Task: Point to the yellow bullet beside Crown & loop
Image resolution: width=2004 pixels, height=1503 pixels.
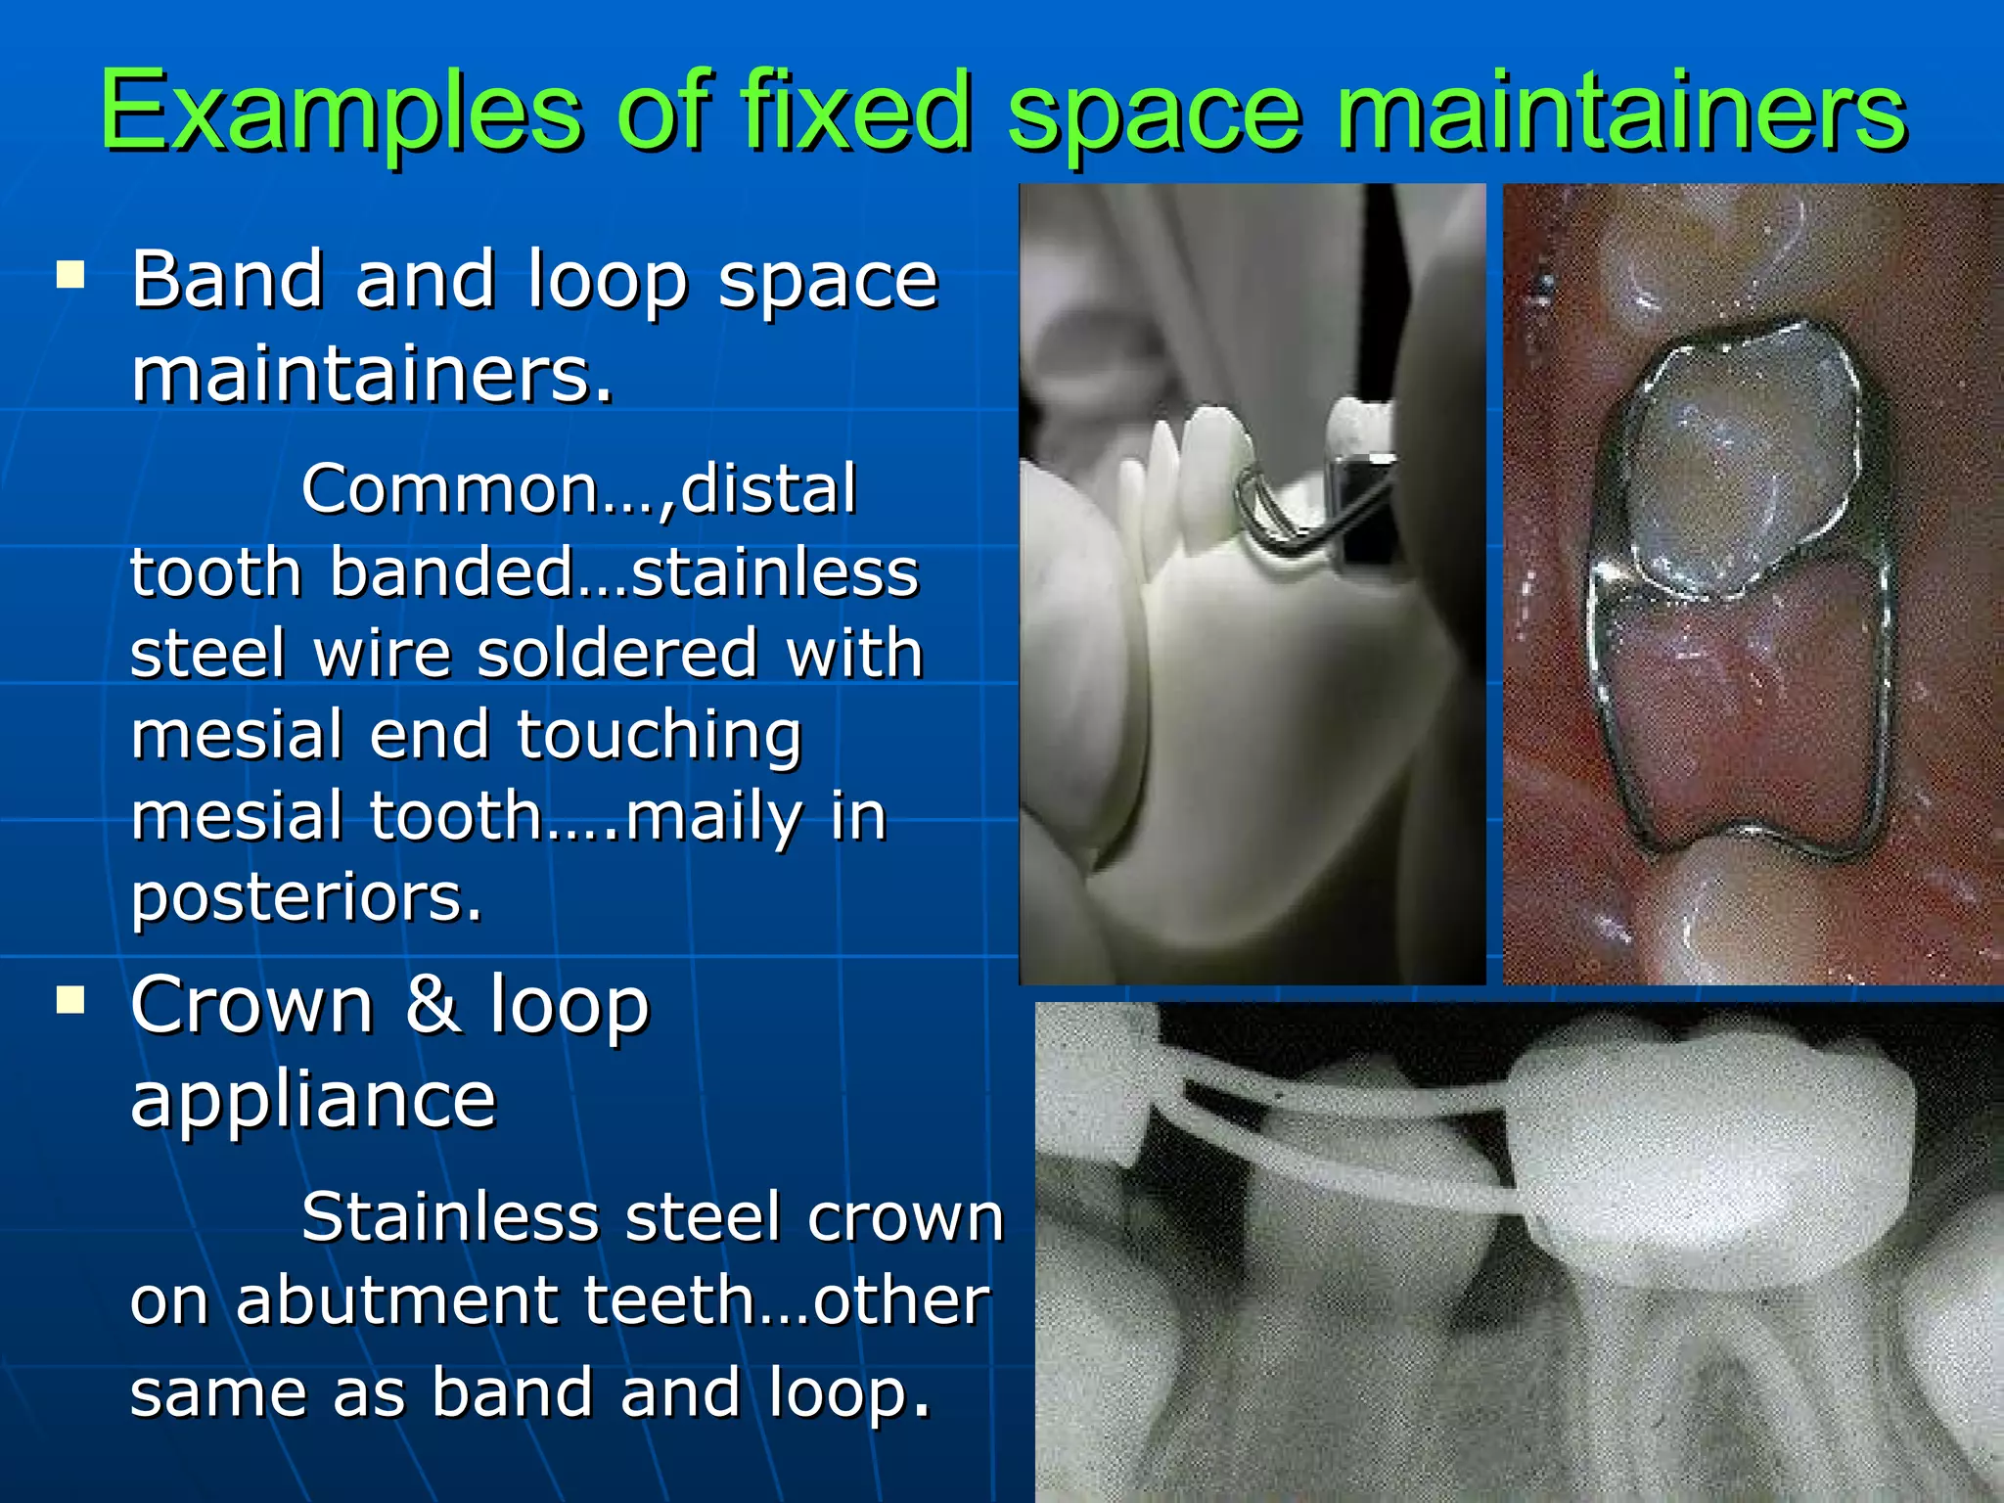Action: coord(70,1000)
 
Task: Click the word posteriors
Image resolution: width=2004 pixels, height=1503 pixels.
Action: coord(306,899)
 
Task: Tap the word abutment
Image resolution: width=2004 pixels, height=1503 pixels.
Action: coord(397,1300)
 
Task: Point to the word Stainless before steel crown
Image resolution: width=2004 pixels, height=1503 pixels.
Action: coord(449,1217)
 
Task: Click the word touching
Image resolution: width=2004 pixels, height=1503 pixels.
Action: coord(659,735)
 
